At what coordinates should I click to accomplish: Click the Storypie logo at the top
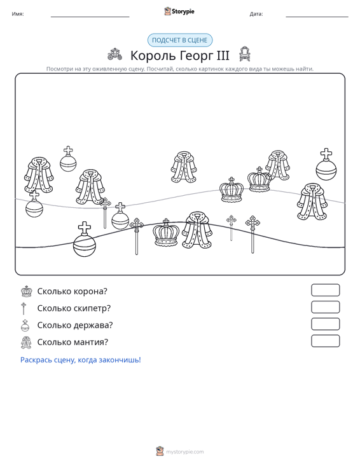[179, 11]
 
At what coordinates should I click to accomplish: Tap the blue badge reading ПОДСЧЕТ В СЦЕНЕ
[180, 40]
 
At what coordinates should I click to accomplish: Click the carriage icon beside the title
[114, 54]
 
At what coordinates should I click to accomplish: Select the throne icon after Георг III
[245, 54]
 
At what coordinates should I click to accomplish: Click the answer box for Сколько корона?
[325, 290]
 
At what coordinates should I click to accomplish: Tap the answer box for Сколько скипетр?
[325, 307]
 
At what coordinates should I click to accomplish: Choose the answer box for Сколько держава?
[325, 324]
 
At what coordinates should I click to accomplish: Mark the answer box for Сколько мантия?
[325, 341]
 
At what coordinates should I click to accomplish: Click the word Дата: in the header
[256, 14]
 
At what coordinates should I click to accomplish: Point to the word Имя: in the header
[18, 14]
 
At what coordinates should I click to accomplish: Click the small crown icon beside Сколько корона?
[27, 291]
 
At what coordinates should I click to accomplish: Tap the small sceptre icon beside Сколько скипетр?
[24, 308]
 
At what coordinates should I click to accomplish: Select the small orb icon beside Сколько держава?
[25, 325]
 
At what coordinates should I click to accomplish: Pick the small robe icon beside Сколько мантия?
[26, 343]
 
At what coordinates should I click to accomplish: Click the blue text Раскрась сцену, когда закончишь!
[81, 360]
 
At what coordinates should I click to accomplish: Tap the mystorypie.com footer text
[184, 452]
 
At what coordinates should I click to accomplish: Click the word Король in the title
[150, 55]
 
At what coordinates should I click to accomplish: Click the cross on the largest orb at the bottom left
[85, 228]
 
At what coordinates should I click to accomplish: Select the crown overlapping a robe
[260, 179]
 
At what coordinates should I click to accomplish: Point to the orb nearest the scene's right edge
[326, 164]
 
